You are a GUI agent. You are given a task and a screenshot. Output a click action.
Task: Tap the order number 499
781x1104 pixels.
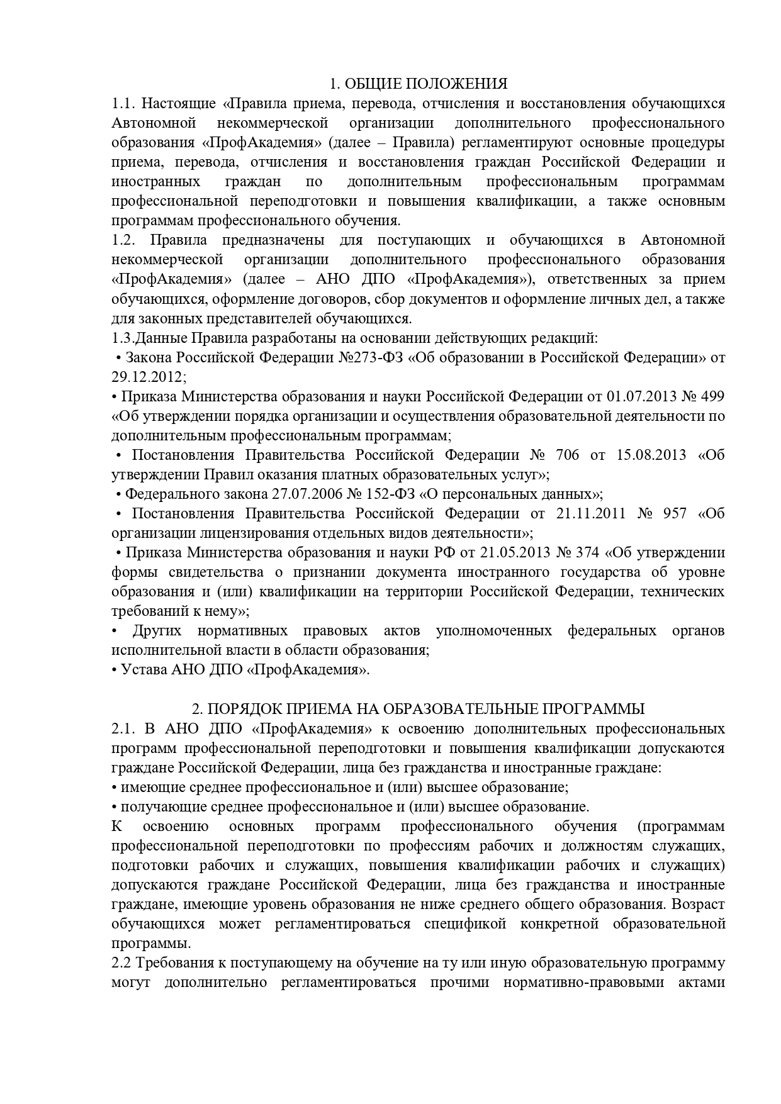pos(712,396)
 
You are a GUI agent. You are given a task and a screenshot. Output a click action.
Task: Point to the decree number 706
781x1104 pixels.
pos(566,455)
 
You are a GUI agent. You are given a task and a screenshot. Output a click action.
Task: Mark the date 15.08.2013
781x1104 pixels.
pos(651,455)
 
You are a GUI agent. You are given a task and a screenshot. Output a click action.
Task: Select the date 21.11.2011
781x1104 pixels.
pos(591,513)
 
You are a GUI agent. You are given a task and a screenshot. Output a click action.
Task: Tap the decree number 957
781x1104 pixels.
pos(675,513)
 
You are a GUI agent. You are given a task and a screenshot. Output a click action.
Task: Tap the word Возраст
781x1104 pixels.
pos(699,905)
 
